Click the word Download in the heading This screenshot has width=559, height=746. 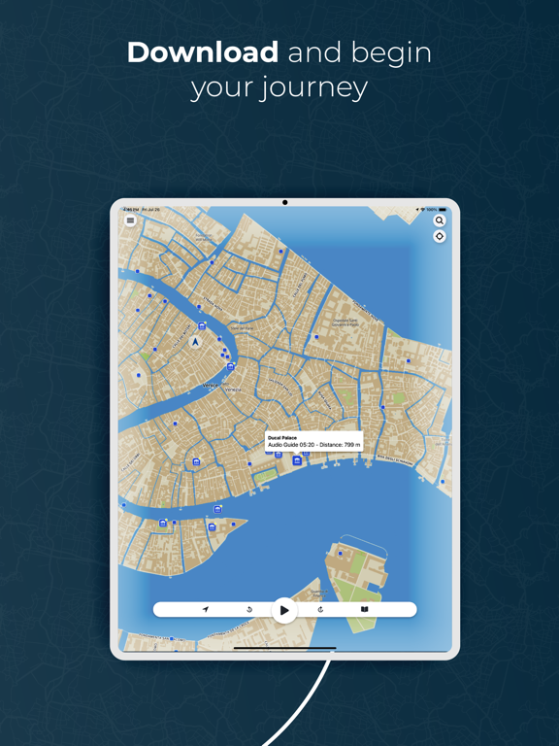tap(202, 51)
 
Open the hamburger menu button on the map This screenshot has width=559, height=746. tap(130, 220)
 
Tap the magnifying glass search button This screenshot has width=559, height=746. tap(440, 220)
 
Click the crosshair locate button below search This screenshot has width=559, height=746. tap(440, 236)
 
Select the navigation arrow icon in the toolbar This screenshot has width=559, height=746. tap(206, 610)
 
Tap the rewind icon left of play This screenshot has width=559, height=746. tap(249, 610)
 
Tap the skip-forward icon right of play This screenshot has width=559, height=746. tap(320, 610)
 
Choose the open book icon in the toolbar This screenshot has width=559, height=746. tap(364, 610)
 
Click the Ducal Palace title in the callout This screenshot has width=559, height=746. tap(282, 438)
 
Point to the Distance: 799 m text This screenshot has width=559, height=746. tap(340, 445)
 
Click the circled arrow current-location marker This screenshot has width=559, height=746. tap(195, 342)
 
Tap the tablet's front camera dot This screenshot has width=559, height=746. tap(284, 203)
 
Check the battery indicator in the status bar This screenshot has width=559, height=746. tap(443, 210)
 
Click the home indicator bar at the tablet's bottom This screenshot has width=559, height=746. tap(284, 648)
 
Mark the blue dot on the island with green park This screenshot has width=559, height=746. tap(341, 554)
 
